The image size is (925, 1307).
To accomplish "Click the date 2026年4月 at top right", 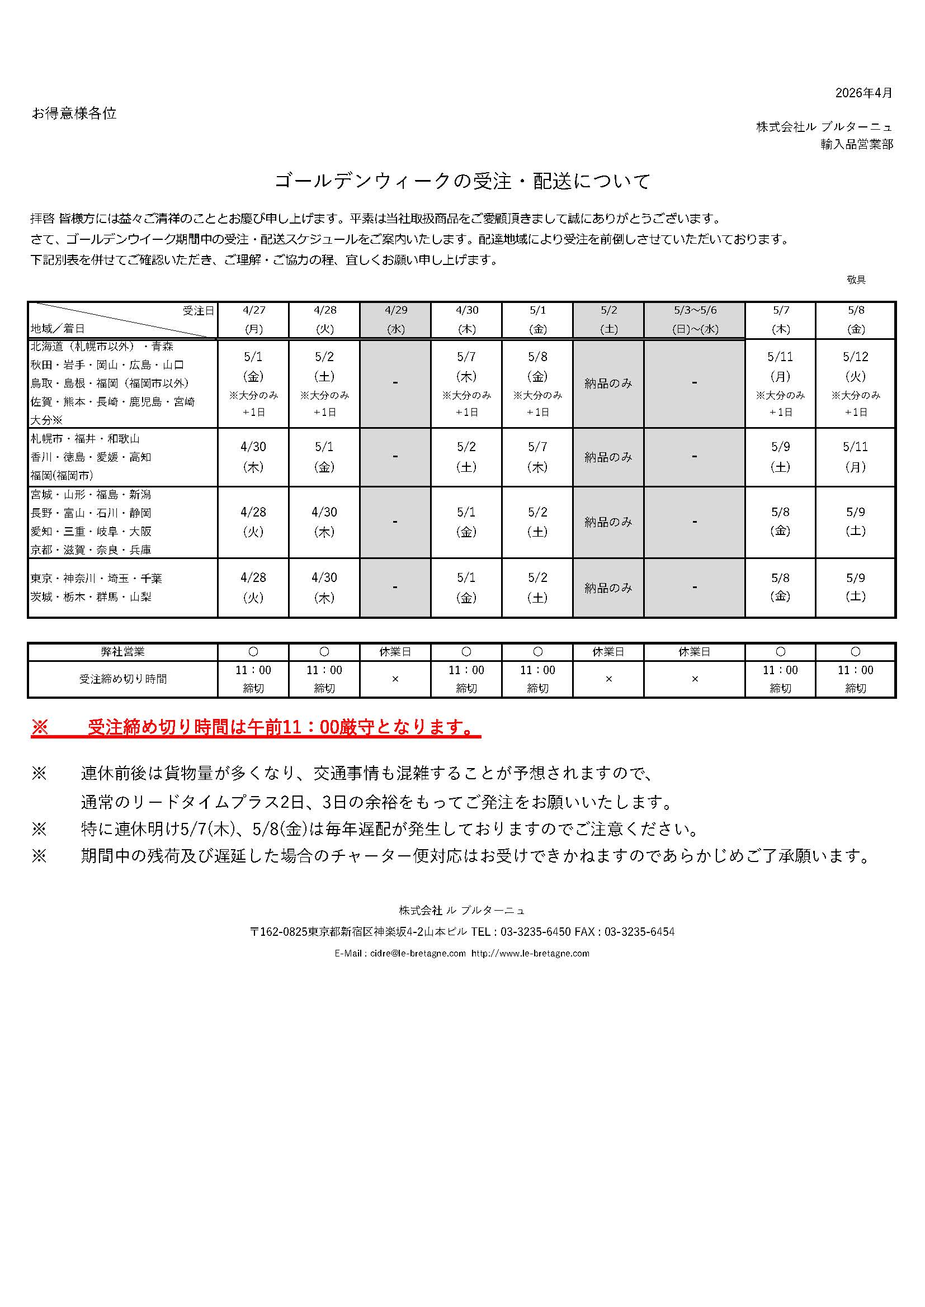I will [x=863, y=93].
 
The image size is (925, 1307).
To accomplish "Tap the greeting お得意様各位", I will [x=74, y=113].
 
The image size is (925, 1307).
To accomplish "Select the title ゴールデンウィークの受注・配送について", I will [x=463, y=181].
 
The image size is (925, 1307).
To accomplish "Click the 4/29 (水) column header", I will [x=395, y=319].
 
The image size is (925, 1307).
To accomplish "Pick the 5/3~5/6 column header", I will [x=695, y=319].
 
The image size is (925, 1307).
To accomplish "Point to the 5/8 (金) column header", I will [x=856, y=319].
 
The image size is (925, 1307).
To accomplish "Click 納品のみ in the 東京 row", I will [x=608, y=588].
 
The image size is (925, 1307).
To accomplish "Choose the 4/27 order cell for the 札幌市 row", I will [x=253, y=457].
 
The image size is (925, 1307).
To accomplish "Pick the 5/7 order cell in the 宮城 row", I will [x=780, y=522].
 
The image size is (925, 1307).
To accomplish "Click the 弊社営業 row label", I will [x=122, y=652].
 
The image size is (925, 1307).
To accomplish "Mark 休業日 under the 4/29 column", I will [x=395, y=652].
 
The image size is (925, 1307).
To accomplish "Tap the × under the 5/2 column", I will [x=608, y=679].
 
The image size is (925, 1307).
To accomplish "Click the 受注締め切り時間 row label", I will [x=122, y=679].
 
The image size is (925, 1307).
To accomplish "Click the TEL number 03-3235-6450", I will [x=535, y=932].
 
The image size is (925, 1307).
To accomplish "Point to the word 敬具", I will [x=856, y=280].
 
